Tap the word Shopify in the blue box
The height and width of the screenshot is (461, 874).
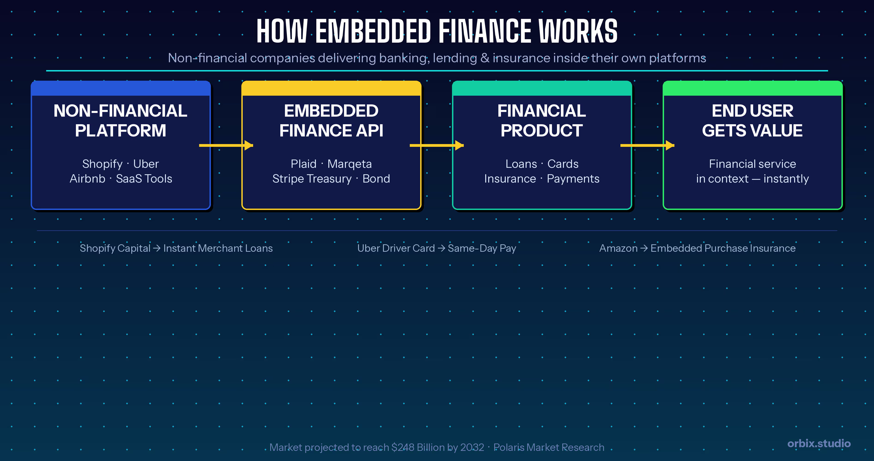pos(102,164)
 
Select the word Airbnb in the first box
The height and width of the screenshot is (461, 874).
pos(87,179)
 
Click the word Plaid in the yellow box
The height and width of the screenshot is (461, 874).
pos(303,164)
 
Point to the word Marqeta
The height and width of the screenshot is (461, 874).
pos(350,164)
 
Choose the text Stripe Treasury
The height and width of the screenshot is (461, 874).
pos(312,179)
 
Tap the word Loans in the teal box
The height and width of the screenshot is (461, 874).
pos(521,164)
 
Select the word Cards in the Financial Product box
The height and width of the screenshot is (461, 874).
pos(563,164)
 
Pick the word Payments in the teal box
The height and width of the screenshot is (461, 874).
pos(573,179)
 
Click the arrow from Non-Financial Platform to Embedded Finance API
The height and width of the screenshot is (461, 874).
pos(226,145)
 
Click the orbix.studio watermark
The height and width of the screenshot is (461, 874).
pos(819,443)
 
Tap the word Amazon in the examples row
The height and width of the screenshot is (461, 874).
pos(618,248)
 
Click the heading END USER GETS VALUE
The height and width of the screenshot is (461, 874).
pos(752,121)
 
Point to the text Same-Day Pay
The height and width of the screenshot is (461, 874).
pos(482,248)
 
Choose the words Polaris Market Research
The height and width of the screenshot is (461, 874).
pos(549,447)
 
